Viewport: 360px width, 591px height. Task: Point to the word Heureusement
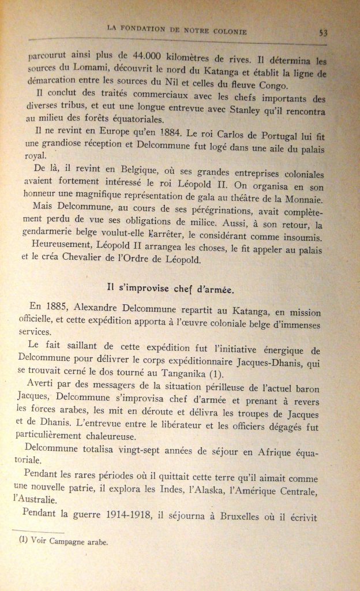point(57,250)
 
